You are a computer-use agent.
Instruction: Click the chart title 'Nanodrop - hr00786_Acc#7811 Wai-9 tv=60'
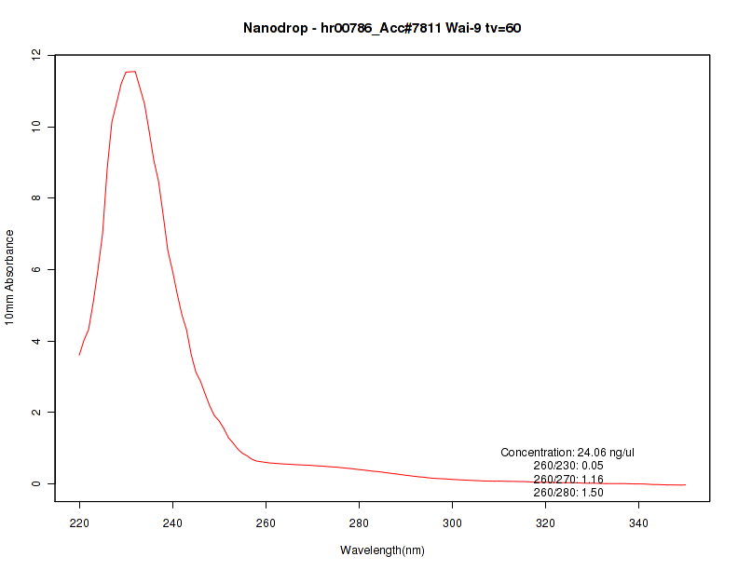tap(382, 28)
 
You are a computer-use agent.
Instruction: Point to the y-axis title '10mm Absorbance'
tap(9, 277)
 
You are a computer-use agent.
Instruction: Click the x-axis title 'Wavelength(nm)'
tap(382, 550)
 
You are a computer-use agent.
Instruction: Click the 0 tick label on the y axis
tap(36, 483)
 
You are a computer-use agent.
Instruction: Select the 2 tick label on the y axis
tap(36, 412)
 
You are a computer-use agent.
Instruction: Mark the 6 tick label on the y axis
tap(36, 269)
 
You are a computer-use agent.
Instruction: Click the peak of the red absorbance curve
tap(133, 72)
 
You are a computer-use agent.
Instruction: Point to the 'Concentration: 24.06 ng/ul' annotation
tap(567, 453)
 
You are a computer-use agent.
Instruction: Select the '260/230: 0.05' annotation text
tap(568, 466)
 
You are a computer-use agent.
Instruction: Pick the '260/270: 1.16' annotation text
tap(568, 479)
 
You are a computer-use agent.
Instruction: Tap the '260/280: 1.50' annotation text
tap(568, 492)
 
